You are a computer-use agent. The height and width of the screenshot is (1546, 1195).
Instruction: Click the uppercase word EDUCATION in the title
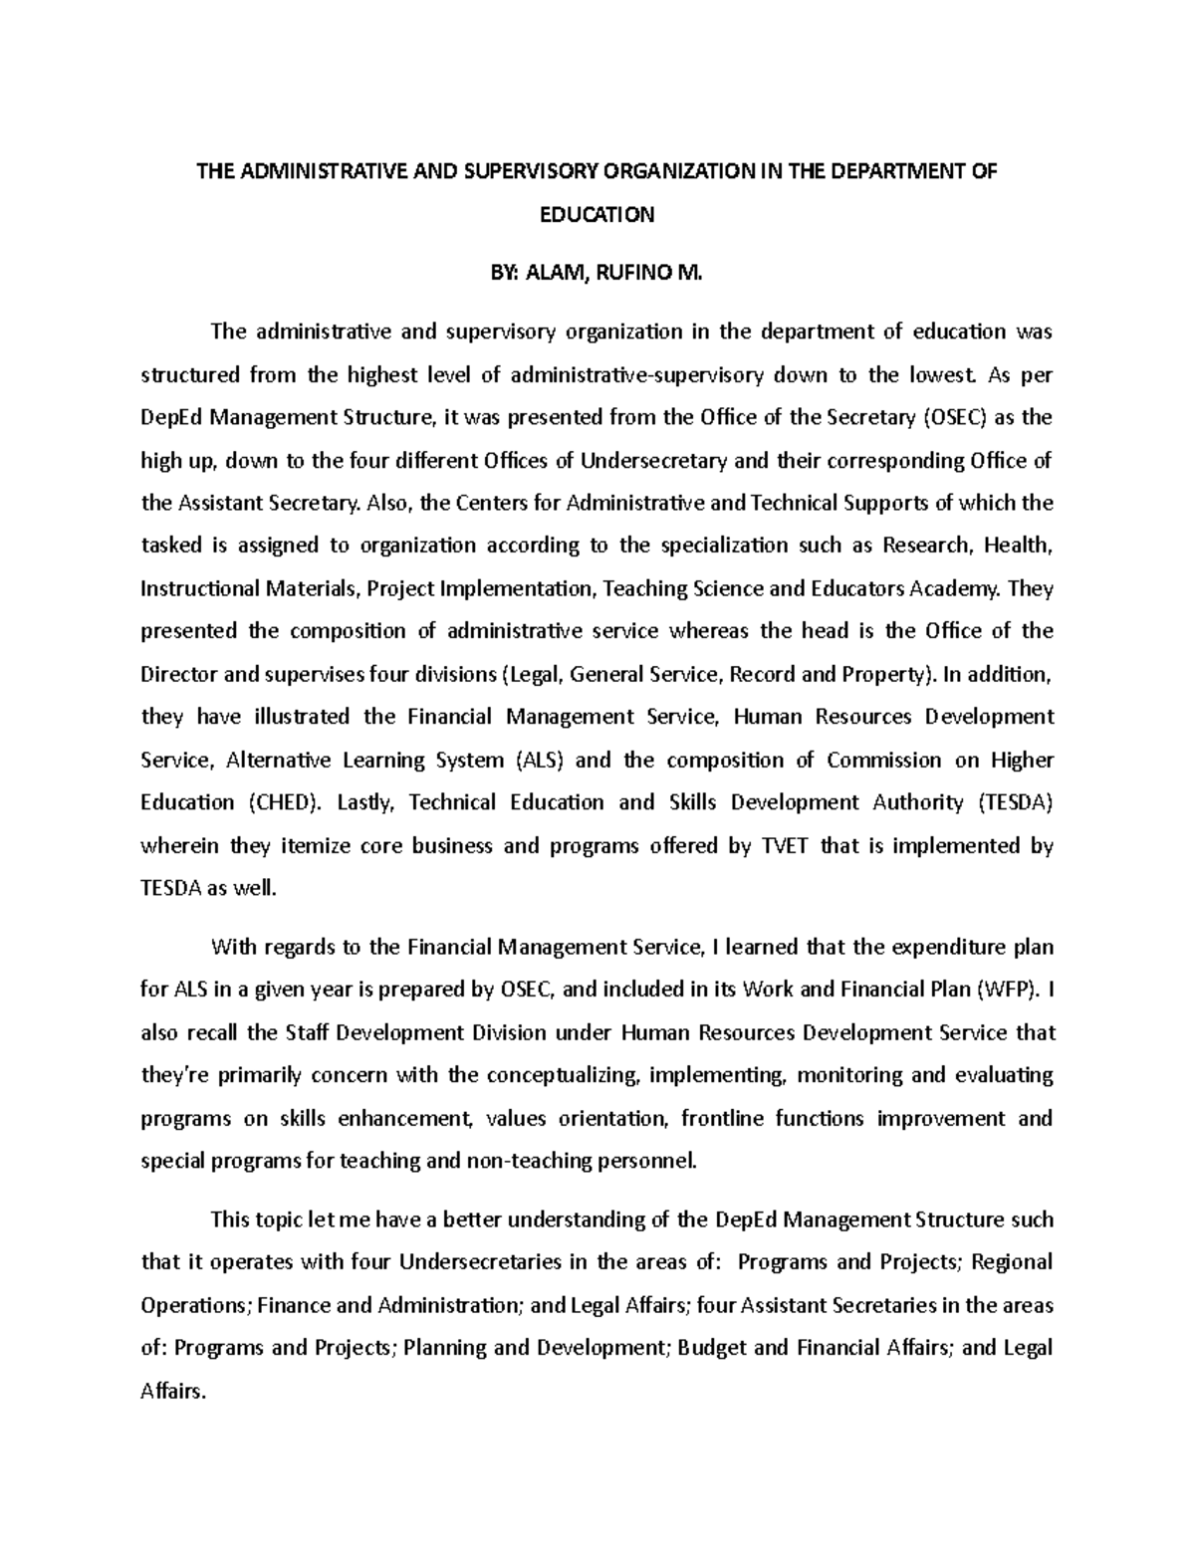[x=597, y=215]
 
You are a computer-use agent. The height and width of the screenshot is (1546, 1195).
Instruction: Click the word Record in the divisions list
[x=762, y=674]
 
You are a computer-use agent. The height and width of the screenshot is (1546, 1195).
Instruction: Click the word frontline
[x=722, y=1118]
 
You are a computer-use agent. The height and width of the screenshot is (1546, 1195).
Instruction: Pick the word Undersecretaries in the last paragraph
[x=479, y=1262]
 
